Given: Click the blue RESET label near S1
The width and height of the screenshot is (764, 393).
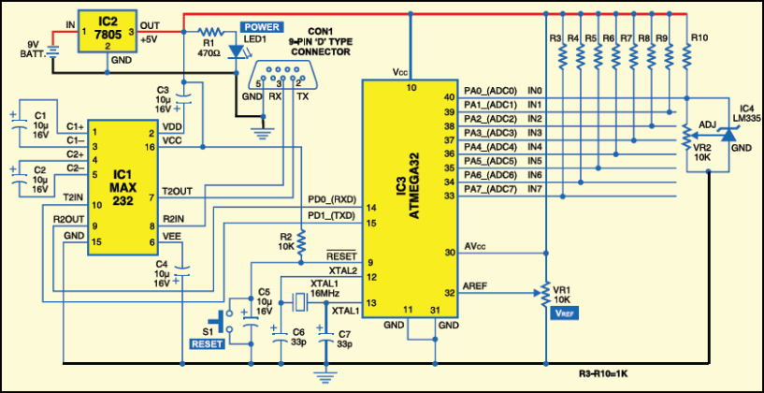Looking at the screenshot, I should click(207, 344).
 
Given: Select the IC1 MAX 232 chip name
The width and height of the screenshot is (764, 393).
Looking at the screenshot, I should click(124, 172).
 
